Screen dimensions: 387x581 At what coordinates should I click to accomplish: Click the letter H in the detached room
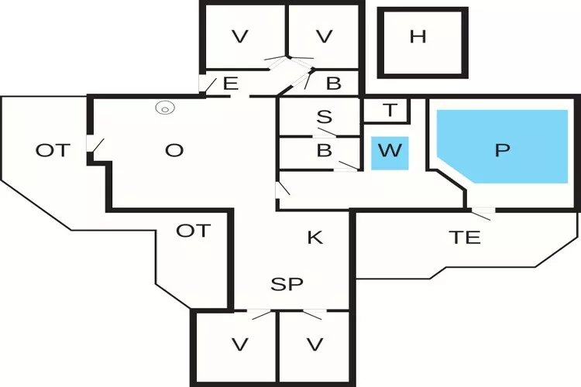[x=418, y=37]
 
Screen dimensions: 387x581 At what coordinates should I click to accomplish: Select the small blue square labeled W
[x=390, y=151]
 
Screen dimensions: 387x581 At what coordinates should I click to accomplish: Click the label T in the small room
[x=390, y=111]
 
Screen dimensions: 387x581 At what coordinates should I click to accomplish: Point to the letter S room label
[x=325, y=118]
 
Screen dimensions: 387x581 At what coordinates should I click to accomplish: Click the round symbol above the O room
[x=164, y=108]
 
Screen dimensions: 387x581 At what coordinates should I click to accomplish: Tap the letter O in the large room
[x=174, y=151]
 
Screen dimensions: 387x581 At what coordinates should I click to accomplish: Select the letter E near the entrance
[x=230, y=84]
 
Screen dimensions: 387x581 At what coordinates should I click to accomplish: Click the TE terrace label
[x=464, y=238]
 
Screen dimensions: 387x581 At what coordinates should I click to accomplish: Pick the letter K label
[x=315, y=238]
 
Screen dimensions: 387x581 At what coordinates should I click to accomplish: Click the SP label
[x=287, y=284]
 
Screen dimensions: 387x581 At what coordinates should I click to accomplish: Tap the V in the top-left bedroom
[x=240, y=36]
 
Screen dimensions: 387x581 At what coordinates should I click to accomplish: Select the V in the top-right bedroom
[x=325, y=36]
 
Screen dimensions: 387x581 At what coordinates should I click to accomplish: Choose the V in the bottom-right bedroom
[x=315, y=343]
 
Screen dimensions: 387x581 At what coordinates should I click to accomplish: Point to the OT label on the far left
[x=53, y=151]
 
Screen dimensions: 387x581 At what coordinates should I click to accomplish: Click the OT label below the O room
[x=193, y=231]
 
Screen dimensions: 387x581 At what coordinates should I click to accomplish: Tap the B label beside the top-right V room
[x=334, y=84]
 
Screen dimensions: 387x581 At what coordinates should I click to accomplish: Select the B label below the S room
[x=325, y=151]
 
